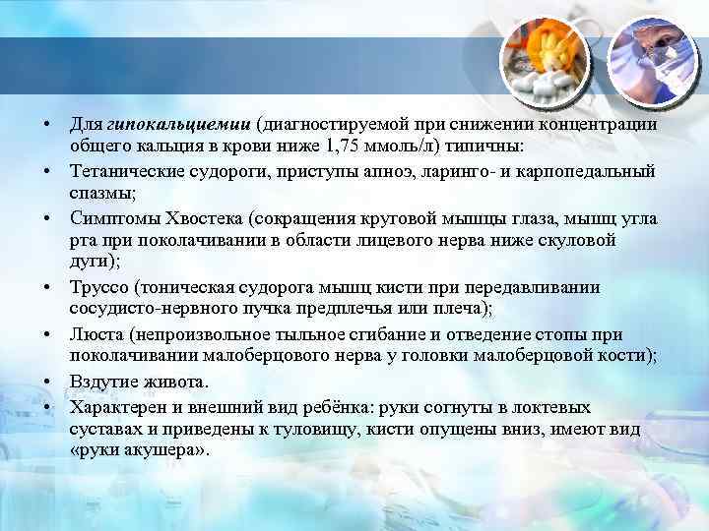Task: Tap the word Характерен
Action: [113, 405]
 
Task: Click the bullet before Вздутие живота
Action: [46, 381]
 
